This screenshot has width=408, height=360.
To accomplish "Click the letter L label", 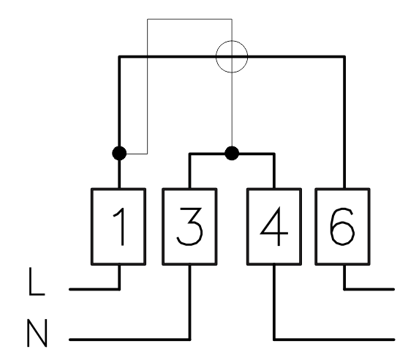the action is click(37, 282).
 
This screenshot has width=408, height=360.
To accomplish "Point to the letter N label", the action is click(37, 333).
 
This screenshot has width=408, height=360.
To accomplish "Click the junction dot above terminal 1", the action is click(119, 153).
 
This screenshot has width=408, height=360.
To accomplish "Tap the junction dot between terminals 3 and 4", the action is click(232, 153).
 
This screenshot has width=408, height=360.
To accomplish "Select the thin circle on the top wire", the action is click(216, 56).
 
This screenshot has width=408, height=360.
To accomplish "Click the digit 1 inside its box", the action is click(122, 227).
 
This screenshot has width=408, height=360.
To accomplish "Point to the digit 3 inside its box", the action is click(189, 227).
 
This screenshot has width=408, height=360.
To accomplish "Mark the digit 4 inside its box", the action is click(274, 226).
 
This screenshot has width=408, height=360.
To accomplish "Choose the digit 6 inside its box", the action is click(342, 227).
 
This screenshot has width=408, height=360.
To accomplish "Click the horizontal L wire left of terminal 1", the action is click(94, 289).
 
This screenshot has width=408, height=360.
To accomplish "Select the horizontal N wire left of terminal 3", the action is click(129, 340).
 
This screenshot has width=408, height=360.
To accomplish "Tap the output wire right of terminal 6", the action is click(369, 289).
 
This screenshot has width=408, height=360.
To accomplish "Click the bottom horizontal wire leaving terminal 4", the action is click(334, 340).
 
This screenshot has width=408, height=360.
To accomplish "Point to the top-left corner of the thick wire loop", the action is click(119, 56).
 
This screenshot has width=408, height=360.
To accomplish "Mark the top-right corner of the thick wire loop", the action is click(344, 56).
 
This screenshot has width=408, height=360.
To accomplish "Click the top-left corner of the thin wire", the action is click(148, 19).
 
